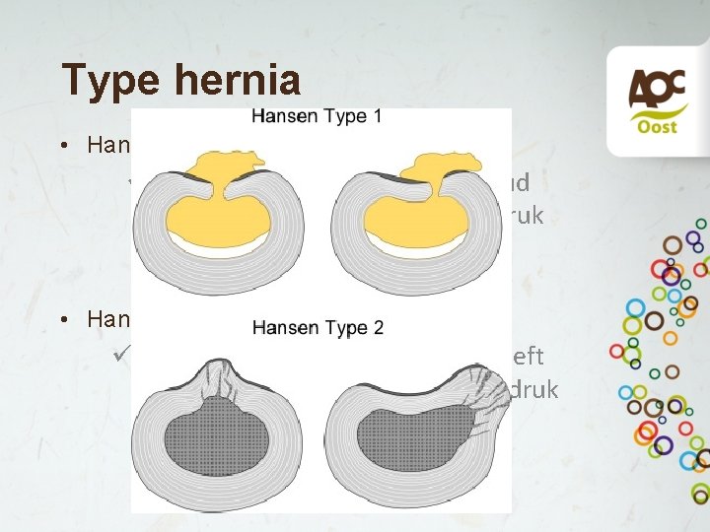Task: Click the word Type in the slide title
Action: point(109,79)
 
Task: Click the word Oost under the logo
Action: point(650,127)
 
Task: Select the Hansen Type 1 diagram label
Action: point(317,116)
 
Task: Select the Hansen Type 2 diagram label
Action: point(318,327)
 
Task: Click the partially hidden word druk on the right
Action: point(534,390)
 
